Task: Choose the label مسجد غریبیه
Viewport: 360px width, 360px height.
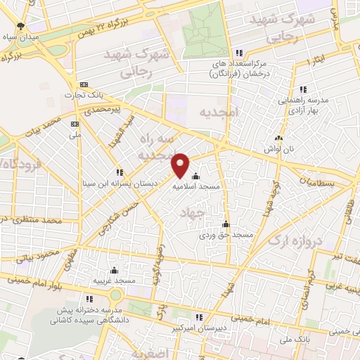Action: coord(114,281)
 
